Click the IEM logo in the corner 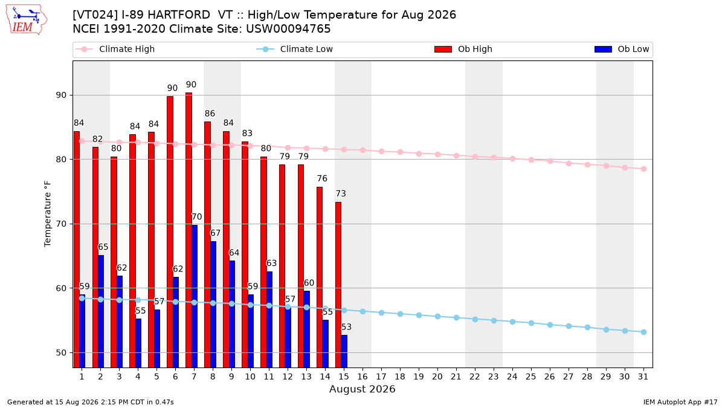26,20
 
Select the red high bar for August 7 188,230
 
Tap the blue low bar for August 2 101,311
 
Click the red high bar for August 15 338,285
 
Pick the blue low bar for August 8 213,305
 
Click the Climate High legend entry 115,49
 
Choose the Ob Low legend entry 622,49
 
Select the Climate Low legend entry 295,49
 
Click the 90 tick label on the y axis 61,96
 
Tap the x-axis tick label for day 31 643,377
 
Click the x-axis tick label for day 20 437,377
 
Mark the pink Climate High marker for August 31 644,169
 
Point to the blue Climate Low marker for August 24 513,322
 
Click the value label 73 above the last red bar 341,193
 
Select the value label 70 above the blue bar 197,216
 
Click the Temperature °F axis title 48,214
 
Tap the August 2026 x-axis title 362,389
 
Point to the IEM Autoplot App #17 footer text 680,402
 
